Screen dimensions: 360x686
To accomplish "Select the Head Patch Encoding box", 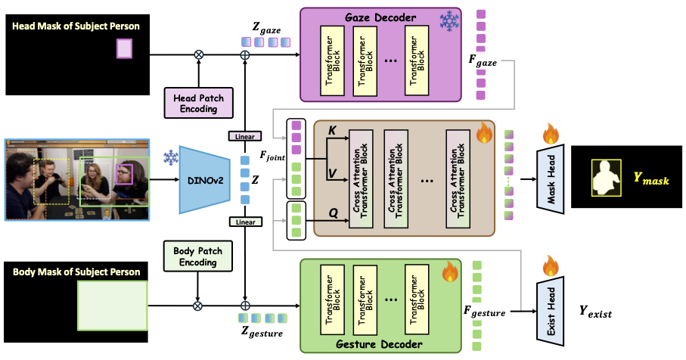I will pos(194,102).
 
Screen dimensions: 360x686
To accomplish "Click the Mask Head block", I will pos(551,179).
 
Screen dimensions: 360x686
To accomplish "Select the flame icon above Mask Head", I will pos(551,135).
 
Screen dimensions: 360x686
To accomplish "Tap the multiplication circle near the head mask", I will pos(199,54).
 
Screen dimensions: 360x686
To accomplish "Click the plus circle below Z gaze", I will pos(244,54).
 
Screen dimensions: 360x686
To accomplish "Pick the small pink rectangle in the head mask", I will pos(124,49).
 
